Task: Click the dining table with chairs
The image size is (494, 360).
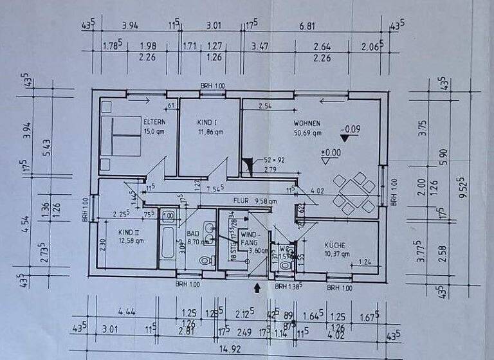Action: (x=351, y=193)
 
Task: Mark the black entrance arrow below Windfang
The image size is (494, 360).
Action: (x=258, y=289)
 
